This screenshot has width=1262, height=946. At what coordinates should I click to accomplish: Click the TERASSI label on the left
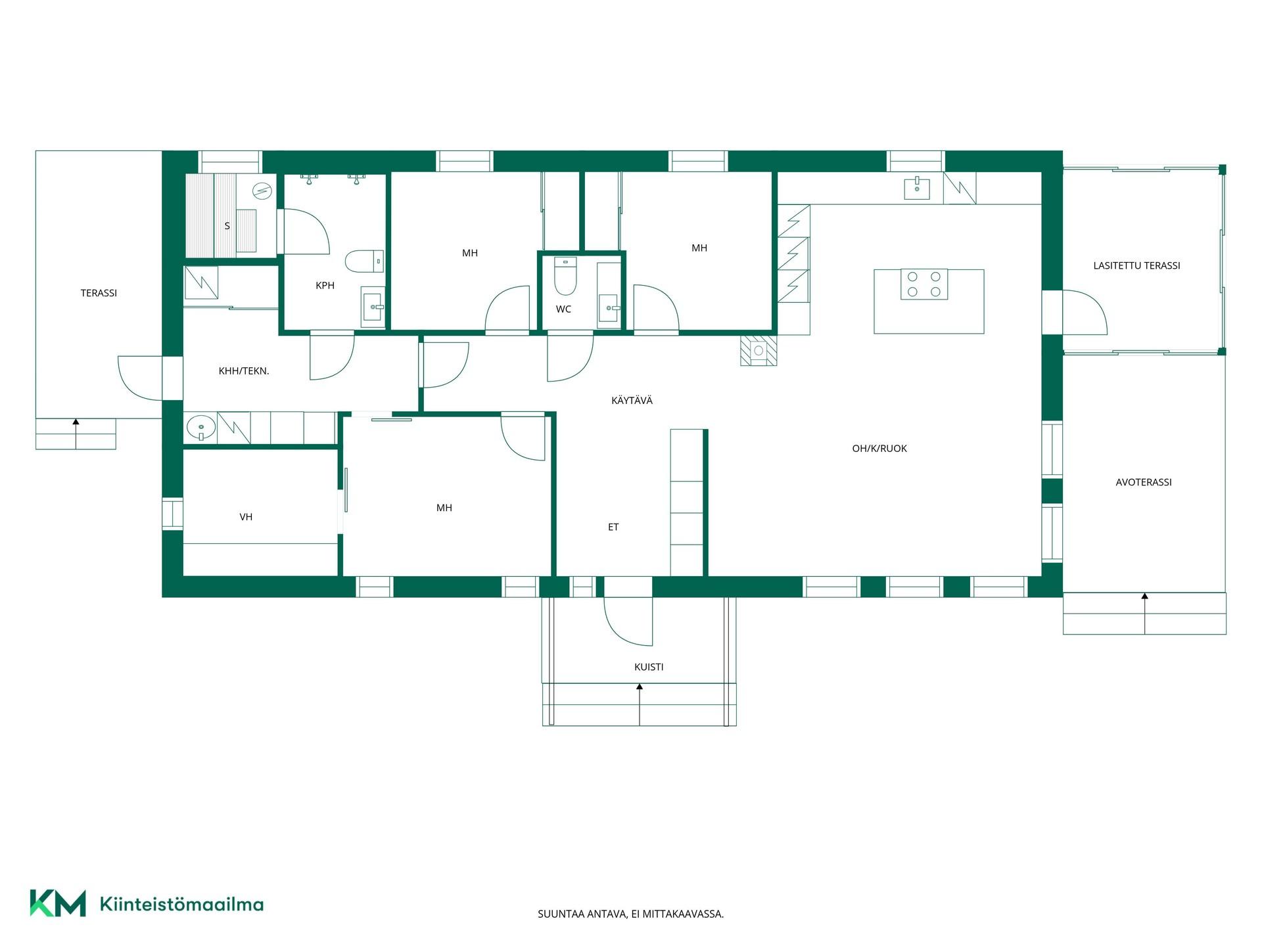pos(99,293)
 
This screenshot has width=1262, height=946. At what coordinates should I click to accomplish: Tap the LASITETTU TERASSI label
pos(1136,265)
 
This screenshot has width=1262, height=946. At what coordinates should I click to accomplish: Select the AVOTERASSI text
pos(1144,482)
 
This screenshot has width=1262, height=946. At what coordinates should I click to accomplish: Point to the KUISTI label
pos(649,667)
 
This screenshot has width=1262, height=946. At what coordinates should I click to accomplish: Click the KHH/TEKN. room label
pos(244,371)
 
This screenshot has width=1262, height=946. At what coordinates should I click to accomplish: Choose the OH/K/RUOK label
pos(879,449)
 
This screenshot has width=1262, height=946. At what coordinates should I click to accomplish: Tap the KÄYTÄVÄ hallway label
pos(632,400)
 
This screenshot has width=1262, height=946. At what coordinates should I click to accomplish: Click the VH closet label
pos(246,517)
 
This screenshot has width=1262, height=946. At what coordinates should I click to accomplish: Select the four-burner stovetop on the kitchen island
pos(923,284)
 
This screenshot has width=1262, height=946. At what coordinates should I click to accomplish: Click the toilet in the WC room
pos(565,276)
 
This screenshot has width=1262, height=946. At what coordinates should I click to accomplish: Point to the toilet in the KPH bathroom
pos(364,261)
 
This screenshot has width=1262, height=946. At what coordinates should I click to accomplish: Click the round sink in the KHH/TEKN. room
pos(200,428)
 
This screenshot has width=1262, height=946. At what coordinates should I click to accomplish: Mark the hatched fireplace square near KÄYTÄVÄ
pos(759,351)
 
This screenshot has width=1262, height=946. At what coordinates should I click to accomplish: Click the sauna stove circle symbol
pos(262,191)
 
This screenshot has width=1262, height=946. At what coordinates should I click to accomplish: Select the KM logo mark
pos(58,903)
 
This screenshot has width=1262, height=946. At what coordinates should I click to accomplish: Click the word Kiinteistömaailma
pos(181,904)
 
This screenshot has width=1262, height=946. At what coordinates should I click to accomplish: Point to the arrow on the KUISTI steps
pos(640,704)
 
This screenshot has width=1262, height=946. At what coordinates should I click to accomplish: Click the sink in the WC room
pos(609,307)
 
